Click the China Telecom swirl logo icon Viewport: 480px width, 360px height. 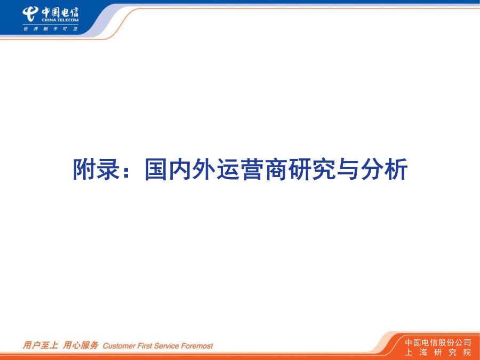coord(30,14)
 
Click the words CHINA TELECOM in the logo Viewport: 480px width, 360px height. coord(60,20)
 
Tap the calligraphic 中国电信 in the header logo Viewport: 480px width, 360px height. coord(60,12)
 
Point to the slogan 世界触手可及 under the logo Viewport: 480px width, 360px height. coord(51,29)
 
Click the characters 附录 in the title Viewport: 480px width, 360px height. coord(96,169)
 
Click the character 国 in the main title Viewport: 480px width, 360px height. coord(156,169)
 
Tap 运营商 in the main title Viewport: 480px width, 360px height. coord(253,169)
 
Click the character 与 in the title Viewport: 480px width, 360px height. coord(348,169)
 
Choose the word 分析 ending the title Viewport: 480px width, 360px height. coord(384,169)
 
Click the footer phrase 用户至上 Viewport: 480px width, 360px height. coord(41,345)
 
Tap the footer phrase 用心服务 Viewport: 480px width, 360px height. coord(81,345)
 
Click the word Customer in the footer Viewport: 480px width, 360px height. coord(119,346)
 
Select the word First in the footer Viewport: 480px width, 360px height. coord(145,346)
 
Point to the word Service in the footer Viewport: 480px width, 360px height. coord(166,346)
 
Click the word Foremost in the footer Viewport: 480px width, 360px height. coord(197,346)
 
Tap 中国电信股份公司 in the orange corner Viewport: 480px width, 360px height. coord(438,342)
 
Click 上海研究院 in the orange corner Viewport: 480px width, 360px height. coord(438,353)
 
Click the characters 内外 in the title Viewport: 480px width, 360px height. coord(192,169)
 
